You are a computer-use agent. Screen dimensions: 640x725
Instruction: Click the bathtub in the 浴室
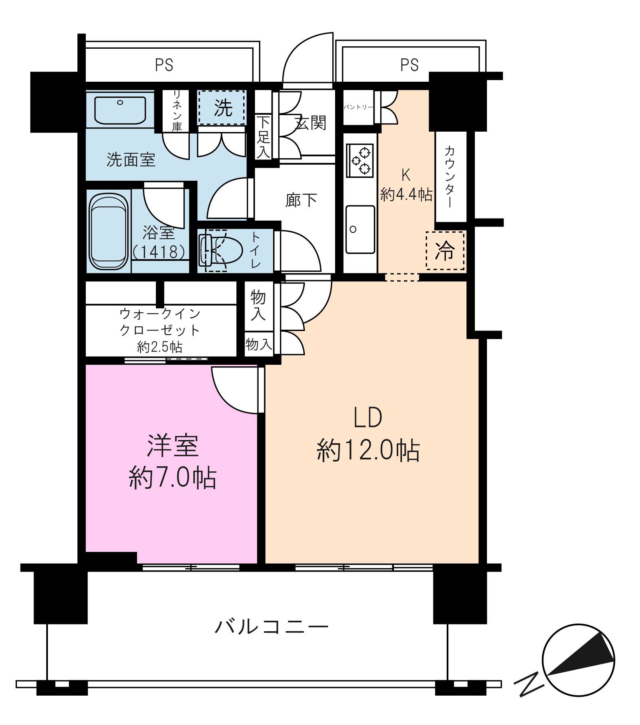pyautogui.click(x=109, y=232)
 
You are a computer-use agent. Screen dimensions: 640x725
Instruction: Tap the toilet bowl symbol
pyautogui.click(x=221, y=250)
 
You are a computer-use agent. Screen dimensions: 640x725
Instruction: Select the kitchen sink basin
pyautogui.click(x=360, y=229)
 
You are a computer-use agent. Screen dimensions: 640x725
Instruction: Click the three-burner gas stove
pyautogui.click(x=360, y=161)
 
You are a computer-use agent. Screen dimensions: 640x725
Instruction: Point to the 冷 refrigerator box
pyautogui.click(x=445, y=250)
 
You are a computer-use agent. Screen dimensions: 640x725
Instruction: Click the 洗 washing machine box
pyautogui.click(x=221, y=107)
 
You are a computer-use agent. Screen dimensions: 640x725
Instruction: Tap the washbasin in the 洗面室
pyautogui.click(x=120, y=109)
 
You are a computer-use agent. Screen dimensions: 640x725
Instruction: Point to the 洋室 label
pyautogui.click(x=172, y=446)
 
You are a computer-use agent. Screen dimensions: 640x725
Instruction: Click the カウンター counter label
pyautogui.click(x=450, y=176)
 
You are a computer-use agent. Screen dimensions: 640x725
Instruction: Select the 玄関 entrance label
pyautogui.click(x=310, y=122)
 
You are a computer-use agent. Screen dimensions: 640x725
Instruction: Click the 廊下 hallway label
pyautogui.click(x=301, y=200)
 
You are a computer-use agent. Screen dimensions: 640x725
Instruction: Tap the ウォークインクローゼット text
pyautogui.click(x=160, y=322)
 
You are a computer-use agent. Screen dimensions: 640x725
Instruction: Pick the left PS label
pyautogui.click(x=164, y=65)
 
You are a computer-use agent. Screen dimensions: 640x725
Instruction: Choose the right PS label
pyautogui.click(x=410, y=65)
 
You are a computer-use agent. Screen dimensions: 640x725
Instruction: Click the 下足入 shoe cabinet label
pyautogui.click(x=263, y=137)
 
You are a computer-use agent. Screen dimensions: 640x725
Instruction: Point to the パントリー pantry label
pyautogui.click(x=358, y=107)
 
